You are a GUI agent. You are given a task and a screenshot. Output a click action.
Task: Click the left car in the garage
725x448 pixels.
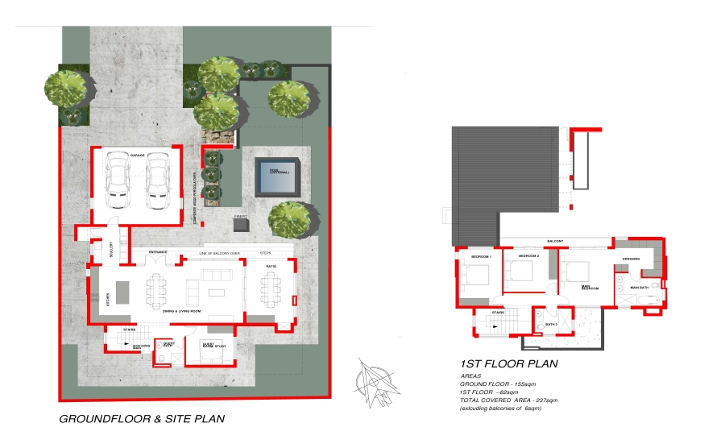click(119, 180)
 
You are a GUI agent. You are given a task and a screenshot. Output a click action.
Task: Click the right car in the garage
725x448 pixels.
click(156, 180)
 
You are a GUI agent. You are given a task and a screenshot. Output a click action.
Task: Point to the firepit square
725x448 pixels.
click(241, 224)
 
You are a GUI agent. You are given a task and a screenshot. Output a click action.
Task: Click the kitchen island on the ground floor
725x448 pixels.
click(122, 291)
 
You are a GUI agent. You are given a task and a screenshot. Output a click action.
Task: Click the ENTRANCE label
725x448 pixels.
click(158, 252)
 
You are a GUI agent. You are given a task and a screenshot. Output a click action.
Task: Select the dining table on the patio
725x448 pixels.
click(270, 288)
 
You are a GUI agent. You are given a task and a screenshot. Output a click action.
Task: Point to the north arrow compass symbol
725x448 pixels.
click(375, 380)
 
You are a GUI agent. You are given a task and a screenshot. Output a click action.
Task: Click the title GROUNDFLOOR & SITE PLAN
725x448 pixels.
click(142, 419)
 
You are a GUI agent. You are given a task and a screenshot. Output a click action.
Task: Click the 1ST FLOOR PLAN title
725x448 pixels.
click(508, 363)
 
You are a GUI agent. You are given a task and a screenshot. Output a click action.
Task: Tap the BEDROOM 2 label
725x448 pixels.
click(528, 255)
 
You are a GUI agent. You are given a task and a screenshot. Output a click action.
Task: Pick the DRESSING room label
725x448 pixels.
click(631, 259)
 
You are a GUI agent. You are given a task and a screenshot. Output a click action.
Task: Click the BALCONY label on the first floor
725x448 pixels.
click(555, 241)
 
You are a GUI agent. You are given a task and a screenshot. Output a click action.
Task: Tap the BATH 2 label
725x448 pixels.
click(551, 324)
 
